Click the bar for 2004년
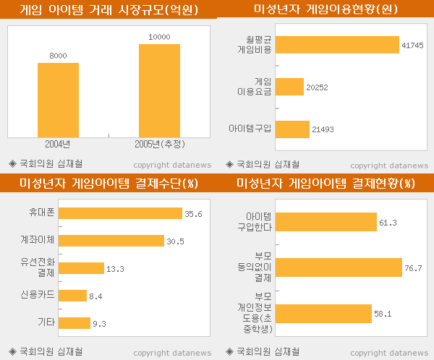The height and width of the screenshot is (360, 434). pos(58,99)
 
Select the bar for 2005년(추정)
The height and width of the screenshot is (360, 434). pos(159,90)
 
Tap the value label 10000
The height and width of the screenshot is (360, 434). pos(159,37)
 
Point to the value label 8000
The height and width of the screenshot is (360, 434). pos(58,56)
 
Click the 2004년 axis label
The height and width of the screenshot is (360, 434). pos(57,143)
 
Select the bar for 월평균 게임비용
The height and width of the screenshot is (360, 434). pos(337,45)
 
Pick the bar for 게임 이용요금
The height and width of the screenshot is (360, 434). pos(289,87)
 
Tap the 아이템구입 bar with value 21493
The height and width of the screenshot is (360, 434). pos(292,129)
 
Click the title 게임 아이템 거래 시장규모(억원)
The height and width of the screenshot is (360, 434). pos(109,10)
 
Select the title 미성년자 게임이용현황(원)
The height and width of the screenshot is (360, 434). pos(326,10)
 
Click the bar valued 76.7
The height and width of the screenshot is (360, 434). pos(339,267)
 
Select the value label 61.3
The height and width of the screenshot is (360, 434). pos(388,223)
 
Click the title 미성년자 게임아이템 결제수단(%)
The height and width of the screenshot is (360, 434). pos(109,184)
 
